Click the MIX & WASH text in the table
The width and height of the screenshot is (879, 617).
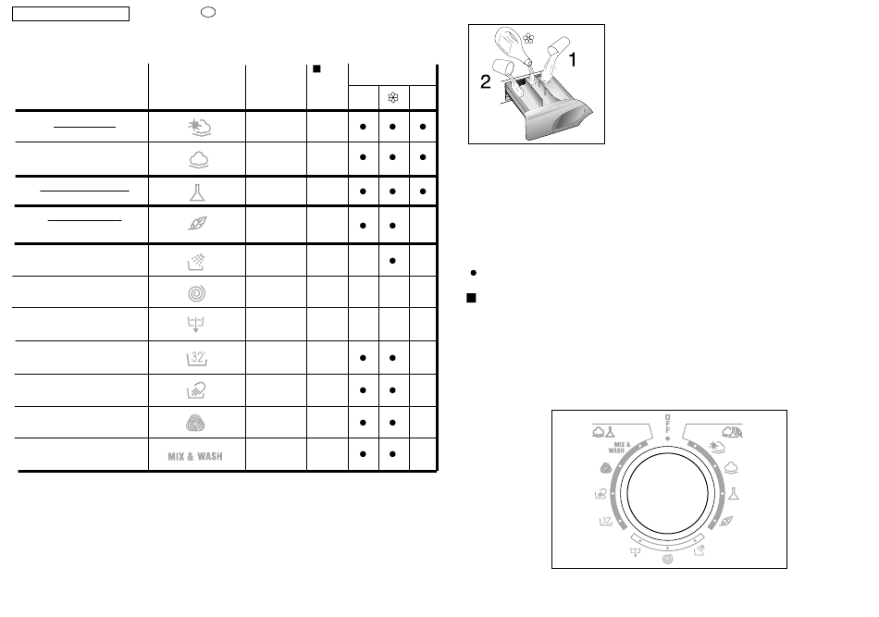195,456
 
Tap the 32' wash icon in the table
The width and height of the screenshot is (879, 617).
197,358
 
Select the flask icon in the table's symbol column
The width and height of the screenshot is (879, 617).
197,192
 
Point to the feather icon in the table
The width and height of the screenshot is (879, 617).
197,224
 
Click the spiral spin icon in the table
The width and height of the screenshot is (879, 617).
197,293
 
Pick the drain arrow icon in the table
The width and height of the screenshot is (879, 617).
195,325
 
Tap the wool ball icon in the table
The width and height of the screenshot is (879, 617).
195,423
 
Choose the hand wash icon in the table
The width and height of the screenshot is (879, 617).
196,390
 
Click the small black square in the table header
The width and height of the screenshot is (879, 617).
316,69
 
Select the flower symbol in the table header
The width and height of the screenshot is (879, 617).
393,98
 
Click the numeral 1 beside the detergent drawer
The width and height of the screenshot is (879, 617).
573,59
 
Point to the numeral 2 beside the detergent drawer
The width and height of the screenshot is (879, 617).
486,81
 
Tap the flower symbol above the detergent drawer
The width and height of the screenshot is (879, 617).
528,39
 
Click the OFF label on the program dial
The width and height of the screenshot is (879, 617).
667,424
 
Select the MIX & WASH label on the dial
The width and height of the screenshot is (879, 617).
618,447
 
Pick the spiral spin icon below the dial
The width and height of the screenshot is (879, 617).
667,559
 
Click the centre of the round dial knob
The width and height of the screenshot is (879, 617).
667,494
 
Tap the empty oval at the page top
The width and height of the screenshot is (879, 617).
208,12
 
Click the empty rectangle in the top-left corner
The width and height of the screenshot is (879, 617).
70,14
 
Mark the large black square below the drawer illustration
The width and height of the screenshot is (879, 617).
472,298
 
